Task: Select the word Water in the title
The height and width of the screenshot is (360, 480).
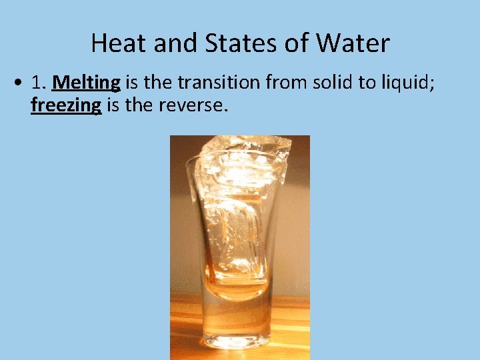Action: (353, 44)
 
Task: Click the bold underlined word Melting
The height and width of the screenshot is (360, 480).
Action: (86, 82)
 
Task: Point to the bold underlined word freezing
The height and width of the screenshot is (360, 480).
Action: (66, 105)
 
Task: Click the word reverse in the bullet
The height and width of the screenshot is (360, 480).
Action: (194, 105)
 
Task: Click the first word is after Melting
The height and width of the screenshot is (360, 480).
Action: (131, 82)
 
